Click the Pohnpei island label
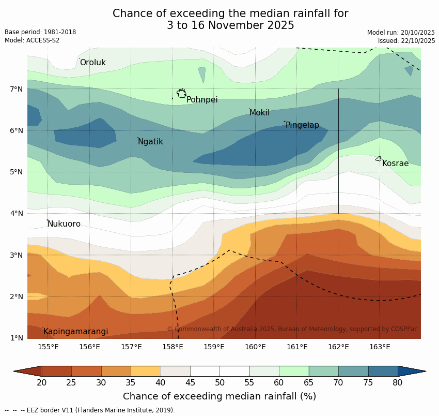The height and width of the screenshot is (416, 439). [x=202, y=100]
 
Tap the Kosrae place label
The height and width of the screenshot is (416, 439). [x=395, y=164]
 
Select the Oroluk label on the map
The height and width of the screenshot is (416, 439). [x=92, y=63]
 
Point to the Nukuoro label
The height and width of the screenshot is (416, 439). [x=64, y=224]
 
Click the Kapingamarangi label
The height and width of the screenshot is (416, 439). [x=75, y=332]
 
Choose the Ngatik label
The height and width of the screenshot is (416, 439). [x=150, y=142]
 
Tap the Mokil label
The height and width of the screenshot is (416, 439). [x=259, y=113]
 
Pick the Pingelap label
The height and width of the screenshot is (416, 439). [x=302, y=125]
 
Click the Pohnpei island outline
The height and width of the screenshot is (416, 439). [x=181, y=94]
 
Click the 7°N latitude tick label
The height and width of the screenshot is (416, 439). [x=17, y=89]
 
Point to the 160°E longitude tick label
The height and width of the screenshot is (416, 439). [x=255, y=347]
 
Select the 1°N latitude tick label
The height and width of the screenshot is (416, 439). [x=17, y=338]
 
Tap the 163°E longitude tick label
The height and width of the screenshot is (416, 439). [x=380, y=347]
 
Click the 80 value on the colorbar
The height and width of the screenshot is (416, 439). [x=398, y=382]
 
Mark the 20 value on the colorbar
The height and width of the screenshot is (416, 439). [x=42, y=382]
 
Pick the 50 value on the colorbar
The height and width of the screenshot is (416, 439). [x=220, y=382]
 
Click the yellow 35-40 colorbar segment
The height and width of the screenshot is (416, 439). [x=146, y=371]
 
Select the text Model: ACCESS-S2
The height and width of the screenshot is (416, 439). [x=32, y=40]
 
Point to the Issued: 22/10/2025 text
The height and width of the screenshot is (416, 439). [x=406, y=41]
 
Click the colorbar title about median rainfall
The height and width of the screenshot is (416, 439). [x=219, y=396]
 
